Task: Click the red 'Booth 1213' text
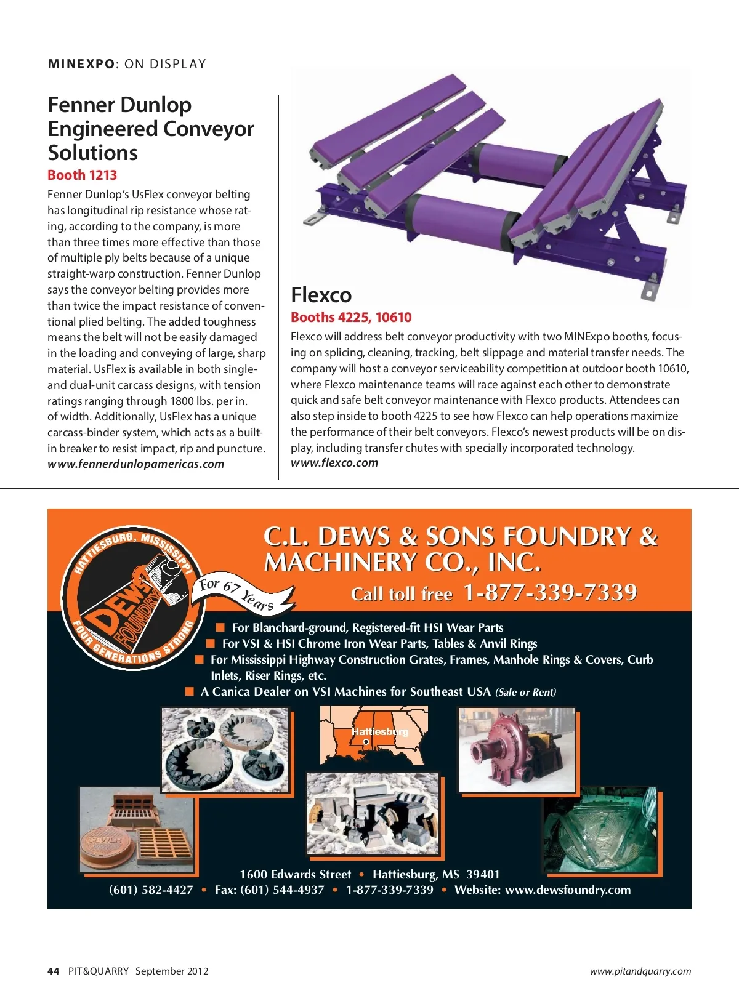[82, 175]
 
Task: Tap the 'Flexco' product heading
[321, 295]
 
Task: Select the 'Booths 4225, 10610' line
[351, 318]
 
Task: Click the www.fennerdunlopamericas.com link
[135, 464]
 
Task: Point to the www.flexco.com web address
[334, 463]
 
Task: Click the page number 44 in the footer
[54, 971]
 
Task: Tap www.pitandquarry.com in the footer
[640, 971]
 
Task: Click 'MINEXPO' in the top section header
[81, 64]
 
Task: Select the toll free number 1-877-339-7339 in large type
[550, 592]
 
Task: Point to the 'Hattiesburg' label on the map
[380, 731]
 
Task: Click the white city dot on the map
[366, 742]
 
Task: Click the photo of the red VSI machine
[516, 750]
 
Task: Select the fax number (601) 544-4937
[269, 890]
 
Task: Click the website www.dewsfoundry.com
[568, 890]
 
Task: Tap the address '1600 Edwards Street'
[295, 875]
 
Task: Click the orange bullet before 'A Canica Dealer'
[190, 691]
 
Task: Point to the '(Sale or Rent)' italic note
[525, 692]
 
